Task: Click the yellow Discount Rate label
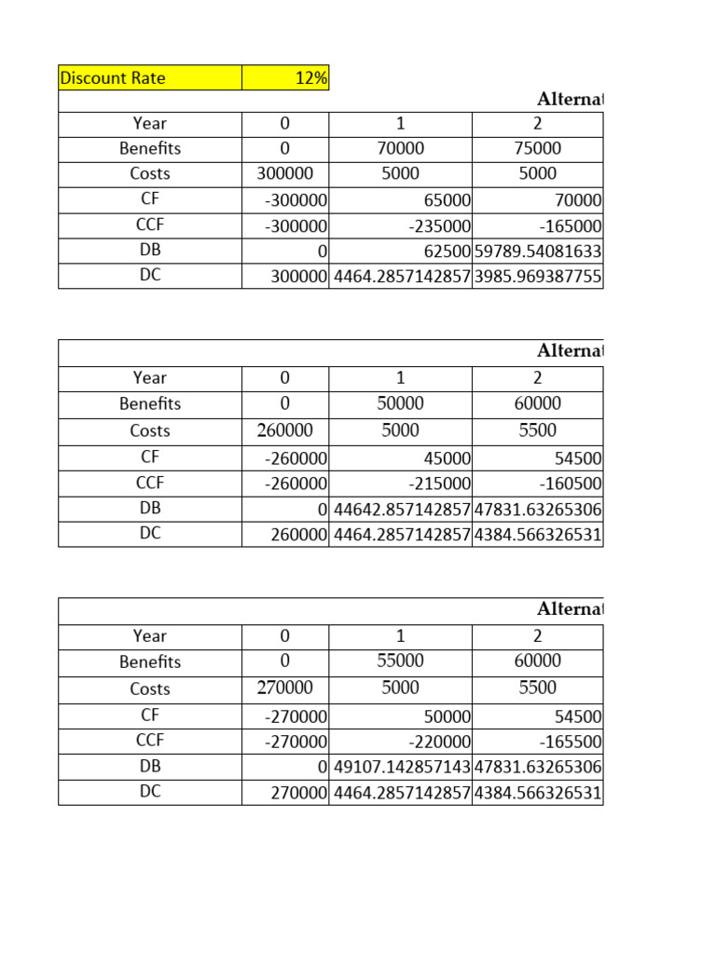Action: click(113, 78)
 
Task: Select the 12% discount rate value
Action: click(311, 78)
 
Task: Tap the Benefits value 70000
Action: click(400, 148)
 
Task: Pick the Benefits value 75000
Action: click(537, 148)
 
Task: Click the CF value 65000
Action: click(446, 199)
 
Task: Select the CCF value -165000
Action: click(571, 225)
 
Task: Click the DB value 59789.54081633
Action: click(538, 251)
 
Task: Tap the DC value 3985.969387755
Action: click(538, 276)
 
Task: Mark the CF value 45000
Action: click(446, 458)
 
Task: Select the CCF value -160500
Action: click(571, 484)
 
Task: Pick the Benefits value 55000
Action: click(400, 661)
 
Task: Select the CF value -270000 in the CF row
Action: click(296, 716)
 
